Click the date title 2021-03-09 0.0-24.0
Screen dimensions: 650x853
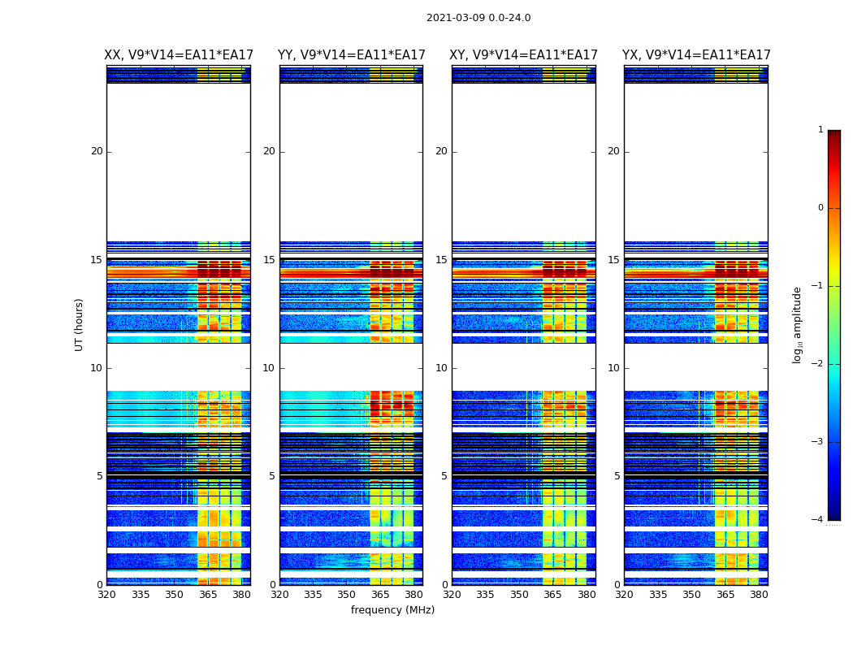(x=478, y=18)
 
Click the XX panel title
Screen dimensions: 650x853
(x=179, y=55)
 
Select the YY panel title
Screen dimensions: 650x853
(x=351, y=55)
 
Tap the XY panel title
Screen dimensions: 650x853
(x=524, y=55)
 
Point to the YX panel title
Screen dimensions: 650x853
(x=696, y=55)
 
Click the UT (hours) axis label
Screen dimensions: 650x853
(x=80, y=324)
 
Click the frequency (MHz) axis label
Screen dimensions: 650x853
(x=392, y=610)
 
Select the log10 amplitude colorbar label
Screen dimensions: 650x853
(x=798, y=324)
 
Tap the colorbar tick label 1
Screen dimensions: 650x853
(x=820, y=130)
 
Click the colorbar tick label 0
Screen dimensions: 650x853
(x=820, y=208)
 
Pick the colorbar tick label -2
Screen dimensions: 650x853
(x=818, y=364)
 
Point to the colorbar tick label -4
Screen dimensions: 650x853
(x=818, y=520)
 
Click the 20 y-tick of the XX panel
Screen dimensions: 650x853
(x=97, y=151)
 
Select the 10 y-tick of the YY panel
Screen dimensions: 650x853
(x=269, y=368)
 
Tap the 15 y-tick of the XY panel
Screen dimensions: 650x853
(x=441, y=260)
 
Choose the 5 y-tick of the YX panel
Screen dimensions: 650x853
(x=617, y=476)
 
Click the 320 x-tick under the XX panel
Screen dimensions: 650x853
(x=106, y=595)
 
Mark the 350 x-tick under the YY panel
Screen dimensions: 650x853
(x=347, y=595)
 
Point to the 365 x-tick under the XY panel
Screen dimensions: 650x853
(x=552, y=595)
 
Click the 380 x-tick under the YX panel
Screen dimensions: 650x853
(x=759, y=595)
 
